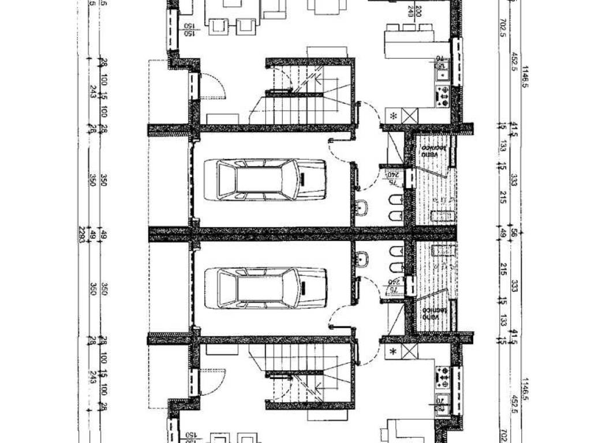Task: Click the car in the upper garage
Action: pyautogui.click(x=272, y=180)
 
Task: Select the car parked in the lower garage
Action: pyautogui.click(x=272, y=288)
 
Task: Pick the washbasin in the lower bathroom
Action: pyautogui.click(x=362, y=260)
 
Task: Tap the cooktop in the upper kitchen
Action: pyautogui.click(x=443, y=95)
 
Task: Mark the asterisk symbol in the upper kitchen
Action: pyautogui.click(x=394, y=115)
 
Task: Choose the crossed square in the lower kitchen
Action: pyautogui.click(x=409, y=351)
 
